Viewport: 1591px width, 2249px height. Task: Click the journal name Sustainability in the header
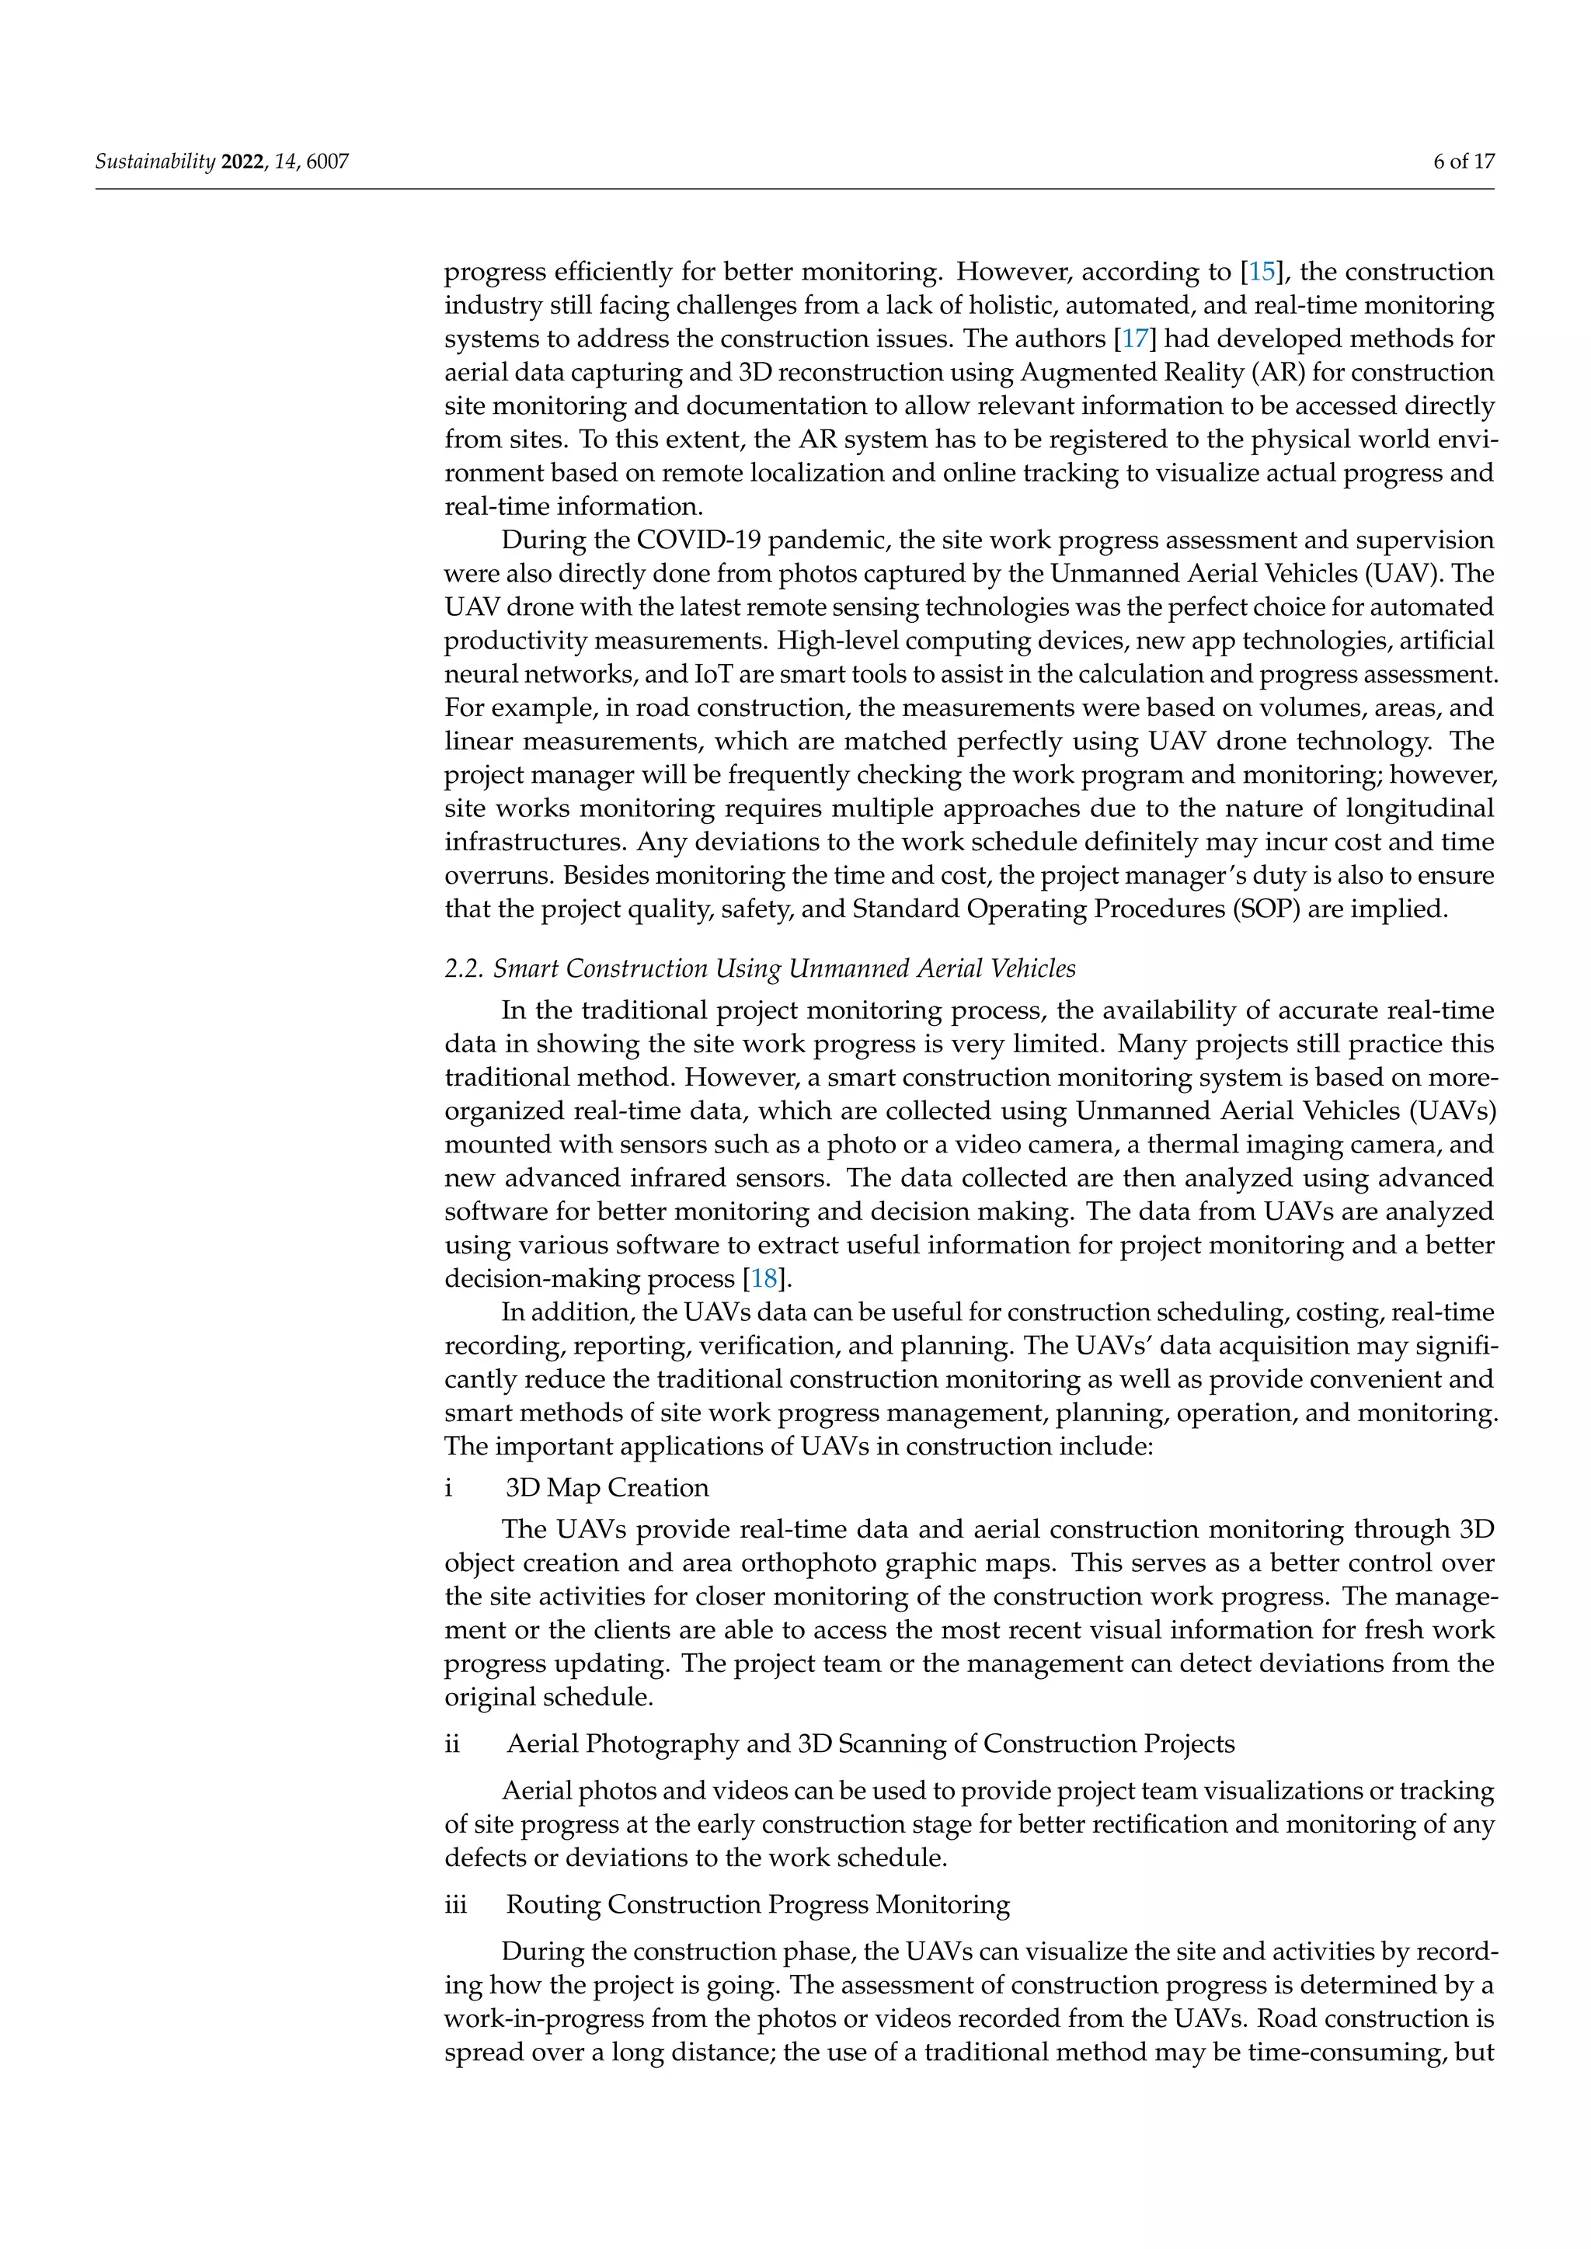[x=154, y=162]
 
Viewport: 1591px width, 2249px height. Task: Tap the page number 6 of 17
[x=1464, y=162]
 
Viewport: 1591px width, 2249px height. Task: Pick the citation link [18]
[x=764, y=1278]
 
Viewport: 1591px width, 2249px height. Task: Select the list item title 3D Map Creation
[x=607, y=1487]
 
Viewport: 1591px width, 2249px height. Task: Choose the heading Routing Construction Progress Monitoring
[x=757, y=1904]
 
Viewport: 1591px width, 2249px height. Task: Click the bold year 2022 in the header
[x=242, y=162]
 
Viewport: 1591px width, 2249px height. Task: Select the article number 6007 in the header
[x=327, y=162]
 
